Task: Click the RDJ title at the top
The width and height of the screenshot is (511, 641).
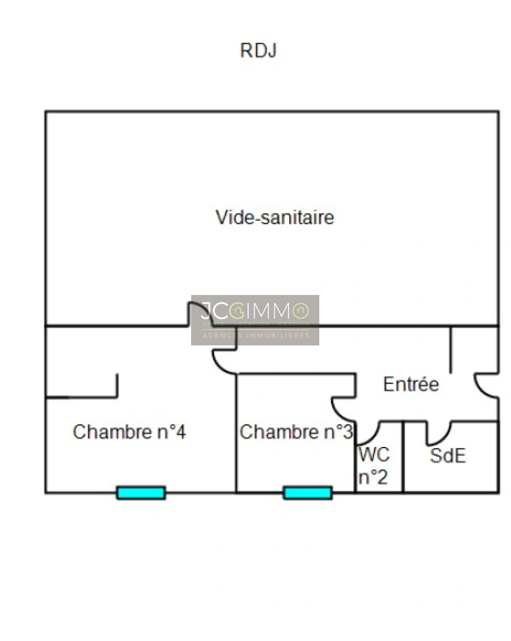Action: click(258, 51)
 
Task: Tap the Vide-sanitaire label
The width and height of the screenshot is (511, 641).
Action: click(274, 217)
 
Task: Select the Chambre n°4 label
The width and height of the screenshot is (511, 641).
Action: click(129, 432)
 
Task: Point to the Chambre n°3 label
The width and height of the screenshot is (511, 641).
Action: click(296, 432)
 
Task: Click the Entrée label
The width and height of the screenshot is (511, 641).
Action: click(411, 385)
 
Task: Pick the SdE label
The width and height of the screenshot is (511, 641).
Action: click(447, 456)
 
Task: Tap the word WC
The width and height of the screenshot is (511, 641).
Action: click(374, 455)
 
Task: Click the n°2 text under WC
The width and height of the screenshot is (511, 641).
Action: click(373, 477)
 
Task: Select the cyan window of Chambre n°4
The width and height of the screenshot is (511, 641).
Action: click(141, 493)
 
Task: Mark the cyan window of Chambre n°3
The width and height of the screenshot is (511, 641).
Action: click(307, 493)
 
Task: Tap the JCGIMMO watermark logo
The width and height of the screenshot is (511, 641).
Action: click(255, 319)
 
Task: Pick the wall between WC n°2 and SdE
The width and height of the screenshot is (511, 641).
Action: click(403, 457)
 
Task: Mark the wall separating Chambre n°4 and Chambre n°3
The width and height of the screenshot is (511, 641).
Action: click(236, 433)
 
